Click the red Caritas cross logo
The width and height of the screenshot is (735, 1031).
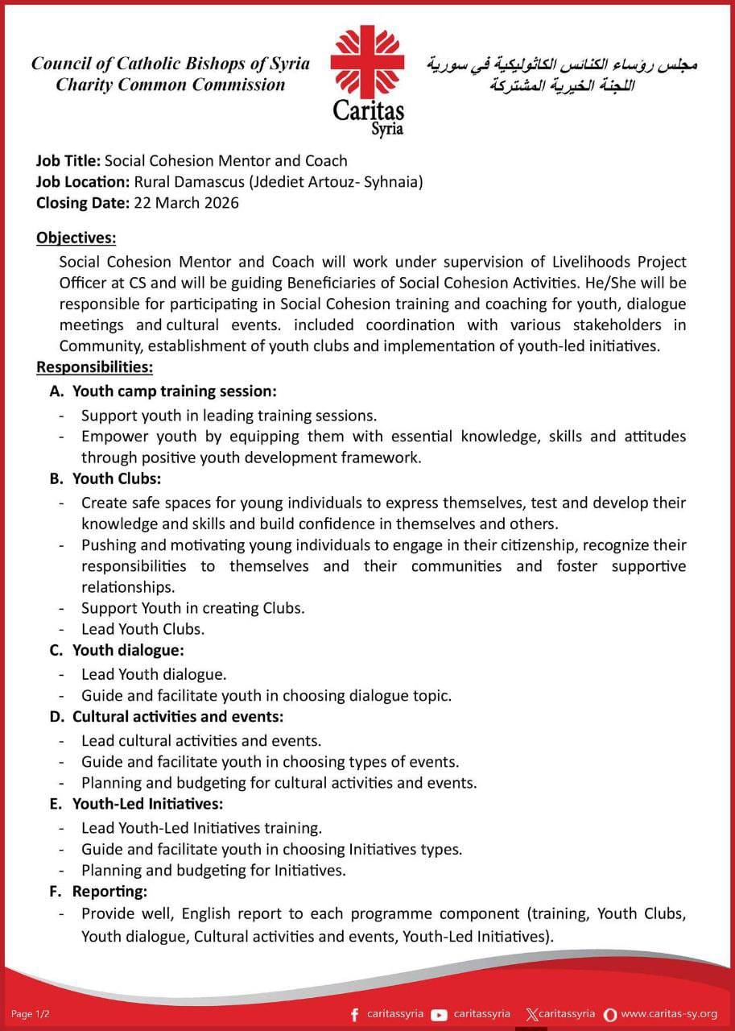click(368, 64)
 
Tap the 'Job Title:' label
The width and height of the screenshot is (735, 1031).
click(68, 160)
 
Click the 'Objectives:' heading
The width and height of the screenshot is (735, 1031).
click(76, 238)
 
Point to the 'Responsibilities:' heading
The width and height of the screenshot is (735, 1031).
click(94, 367)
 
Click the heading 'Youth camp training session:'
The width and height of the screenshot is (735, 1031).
click(174, 391)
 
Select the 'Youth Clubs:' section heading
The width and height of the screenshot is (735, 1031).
click(117, 478)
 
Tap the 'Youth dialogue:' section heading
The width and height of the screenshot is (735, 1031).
click(128, 649)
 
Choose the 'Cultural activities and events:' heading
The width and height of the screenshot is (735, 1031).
click(178, 715)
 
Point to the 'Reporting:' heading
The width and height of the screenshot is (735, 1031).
click(109, 892)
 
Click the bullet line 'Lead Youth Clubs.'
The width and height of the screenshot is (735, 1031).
click(142, 628)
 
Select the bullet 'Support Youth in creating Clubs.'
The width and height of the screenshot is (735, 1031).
click(192, 607)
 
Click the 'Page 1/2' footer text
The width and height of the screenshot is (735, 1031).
click(31, 1014)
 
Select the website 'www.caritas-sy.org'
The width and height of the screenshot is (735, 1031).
click(669, 1014)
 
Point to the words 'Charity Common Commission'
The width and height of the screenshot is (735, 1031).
click(170, 85)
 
